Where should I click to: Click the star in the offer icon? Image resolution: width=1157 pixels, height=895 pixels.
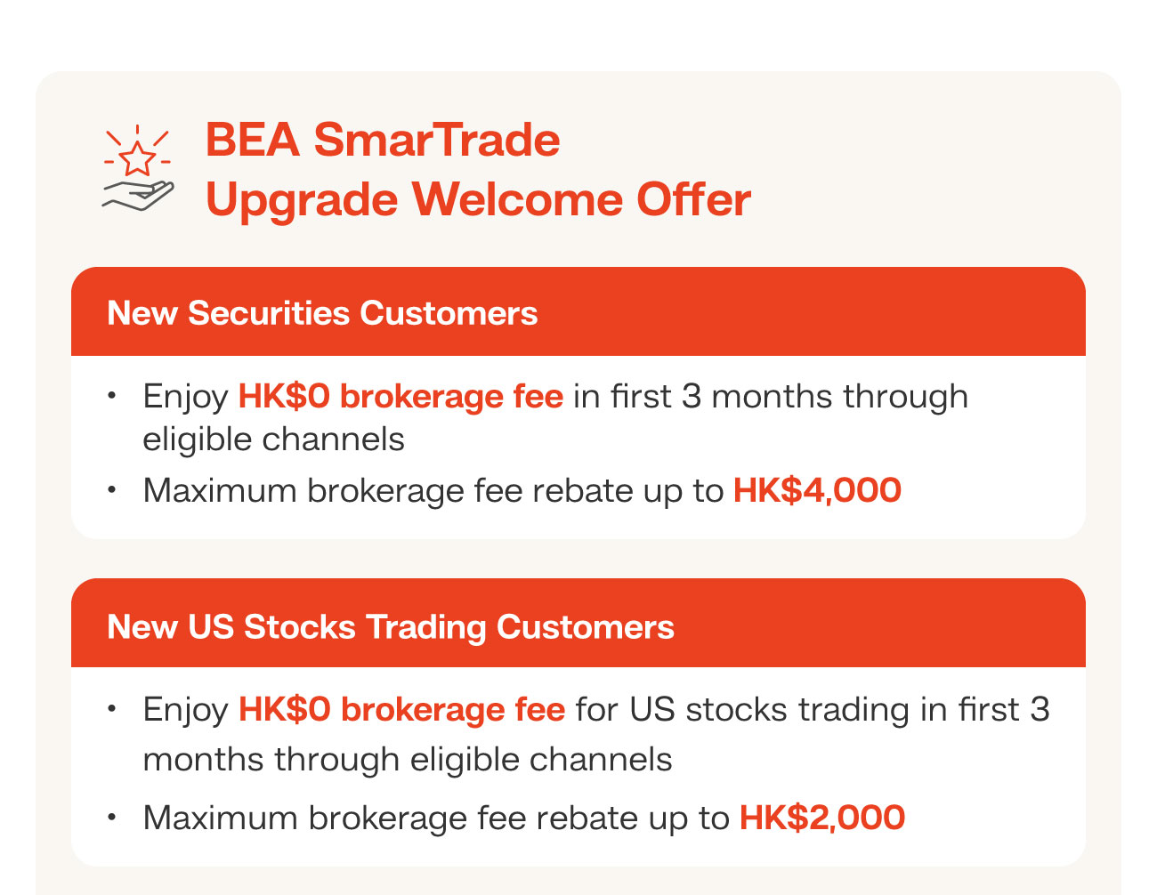[x=137, y=160]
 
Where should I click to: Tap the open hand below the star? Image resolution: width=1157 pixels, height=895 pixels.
[x=138, y=196]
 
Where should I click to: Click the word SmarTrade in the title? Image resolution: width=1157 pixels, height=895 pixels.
[x=436, y=141]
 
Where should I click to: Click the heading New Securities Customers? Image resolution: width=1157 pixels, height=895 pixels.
[x=322, y=313]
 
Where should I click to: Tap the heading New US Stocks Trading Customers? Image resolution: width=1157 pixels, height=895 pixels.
[x=390, y=626]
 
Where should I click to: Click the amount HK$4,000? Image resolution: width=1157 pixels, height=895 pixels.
[x=817, y=490]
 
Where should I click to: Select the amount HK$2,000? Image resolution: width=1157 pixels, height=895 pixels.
[x=822, y=818]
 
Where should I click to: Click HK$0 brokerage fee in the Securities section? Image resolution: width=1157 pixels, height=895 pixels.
[x=400, y=396]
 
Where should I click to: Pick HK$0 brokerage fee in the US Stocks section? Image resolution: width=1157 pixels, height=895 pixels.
[x=401, y=709]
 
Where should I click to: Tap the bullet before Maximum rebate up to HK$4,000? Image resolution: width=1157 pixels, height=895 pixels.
[x=111, y=489]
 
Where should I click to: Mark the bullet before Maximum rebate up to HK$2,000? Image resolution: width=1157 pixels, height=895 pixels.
[x=111, y=817]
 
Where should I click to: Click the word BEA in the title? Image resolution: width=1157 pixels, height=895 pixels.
[x=252, y=141]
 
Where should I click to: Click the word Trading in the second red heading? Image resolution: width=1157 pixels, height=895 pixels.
[x=426, y=626]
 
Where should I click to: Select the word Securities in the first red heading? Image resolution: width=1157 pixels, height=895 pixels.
[x=269, y=313]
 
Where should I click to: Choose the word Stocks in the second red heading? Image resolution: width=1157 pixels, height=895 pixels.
[x=300, y=626]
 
